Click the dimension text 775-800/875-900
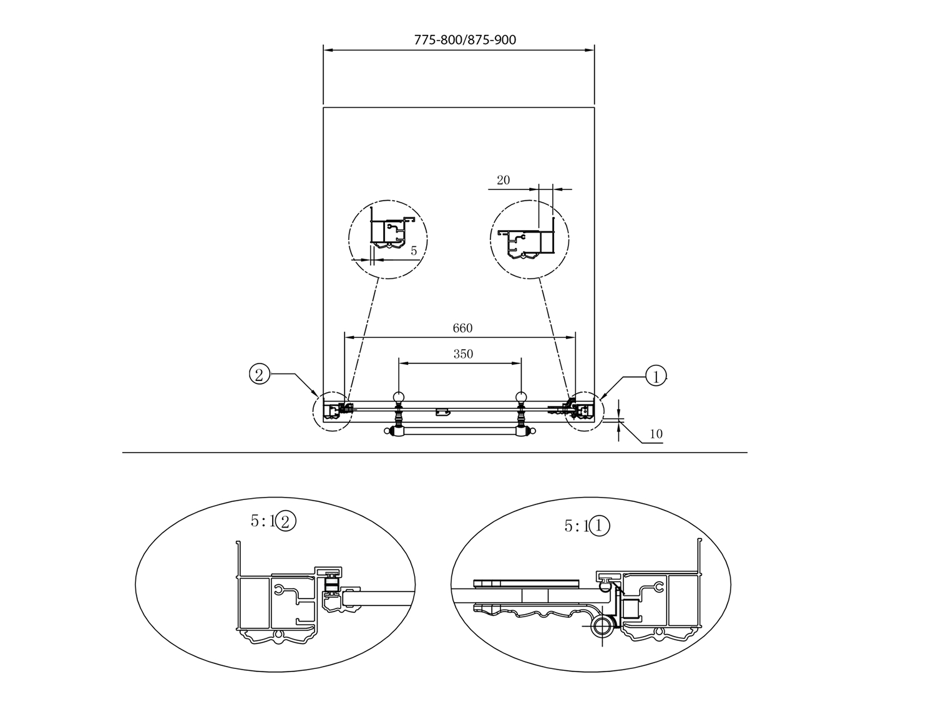point(465,40)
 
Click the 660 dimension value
point(462,328)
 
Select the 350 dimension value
point(463,354)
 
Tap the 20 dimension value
point(503,180)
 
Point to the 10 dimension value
point(656,434)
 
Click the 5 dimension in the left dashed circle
point(414,251)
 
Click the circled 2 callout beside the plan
point(260,375)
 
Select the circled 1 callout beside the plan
point(656,376)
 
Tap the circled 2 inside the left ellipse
point(286,521)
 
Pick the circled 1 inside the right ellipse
point(598,526)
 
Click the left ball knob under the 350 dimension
point(398,397)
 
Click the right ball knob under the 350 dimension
point(521,397)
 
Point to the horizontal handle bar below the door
point(460,432)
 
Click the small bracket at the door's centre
point(442,411)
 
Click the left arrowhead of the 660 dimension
point(349,337)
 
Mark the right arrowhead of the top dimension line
point(589,51)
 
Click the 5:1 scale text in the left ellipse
point(263,520)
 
